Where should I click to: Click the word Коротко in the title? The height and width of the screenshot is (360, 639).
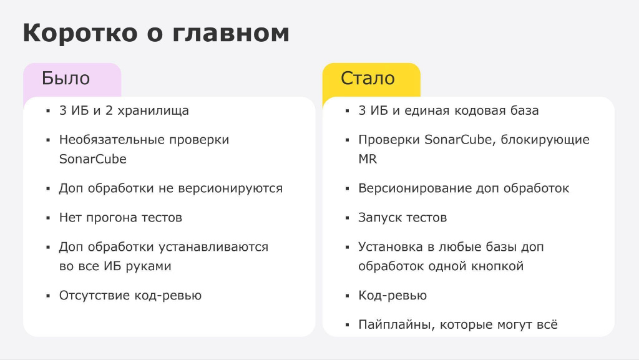[x=80, y=32]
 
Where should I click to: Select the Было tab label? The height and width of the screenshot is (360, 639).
[x=66, y=78]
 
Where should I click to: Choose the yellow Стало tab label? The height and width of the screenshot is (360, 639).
[x=368, y=78]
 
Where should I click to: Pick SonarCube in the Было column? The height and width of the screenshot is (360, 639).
[x=93, y=159]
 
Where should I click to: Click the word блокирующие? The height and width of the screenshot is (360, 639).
[x=545, y=140]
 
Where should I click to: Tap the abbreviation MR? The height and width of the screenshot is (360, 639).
[x=368, y=159]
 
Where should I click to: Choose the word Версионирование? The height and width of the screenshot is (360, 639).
[x=415, y=188]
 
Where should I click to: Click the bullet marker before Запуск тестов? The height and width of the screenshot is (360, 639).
[x=347, y=218]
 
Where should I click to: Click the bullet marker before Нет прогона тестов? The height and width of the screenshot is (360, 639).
[x=48, y=218]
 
